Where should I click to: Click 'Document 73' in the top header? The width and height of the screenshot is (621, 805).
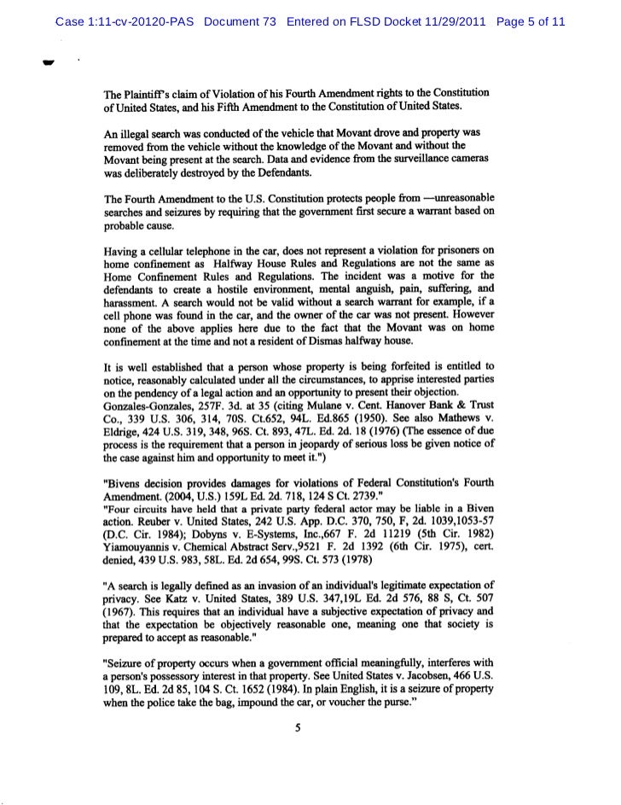(x=241, y=20)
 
